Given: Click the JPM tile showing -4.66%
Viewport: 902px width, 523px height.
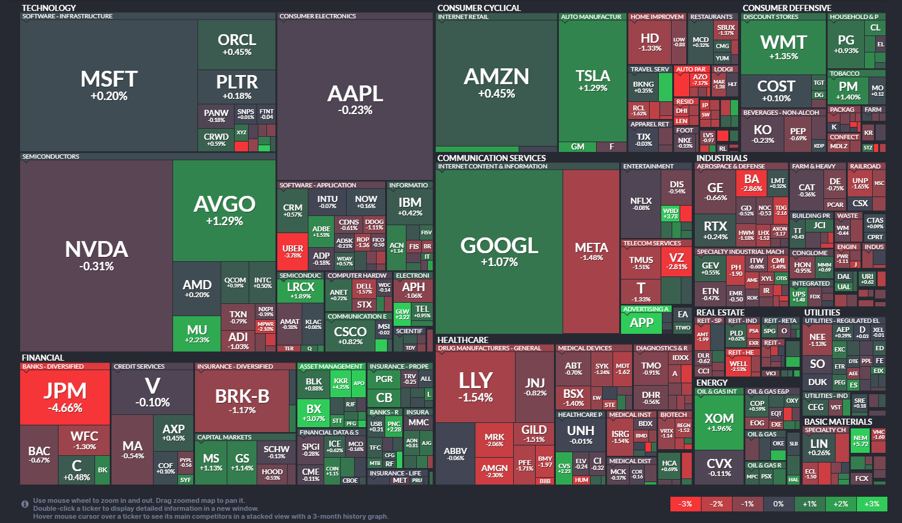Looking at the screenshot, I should coord(65,397).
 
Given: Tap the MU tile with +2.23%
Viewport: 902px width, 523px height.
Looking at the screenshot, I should coord(197,334).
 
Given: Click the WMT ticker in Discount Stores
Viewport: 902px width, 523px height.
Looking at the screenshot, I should coord(783,47).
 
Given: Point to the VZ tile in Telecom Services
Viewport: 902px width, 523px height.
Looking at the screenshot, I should coord(676,261).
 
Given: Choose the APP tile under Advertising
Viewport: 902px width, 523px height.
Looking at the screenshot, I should coord(641,323).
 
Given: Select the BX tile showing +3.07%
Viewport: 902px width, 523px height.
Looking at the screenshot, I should coord(314,413).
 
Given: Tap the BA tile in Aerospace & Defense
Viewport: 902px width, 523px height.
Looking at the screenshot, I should coord(751,182).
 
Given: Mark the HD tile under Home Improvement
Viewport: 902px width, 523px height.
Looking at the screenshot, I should coord(650,41).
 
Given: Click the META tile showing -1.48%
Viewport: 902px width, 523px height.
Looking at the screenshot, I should coord(591,251).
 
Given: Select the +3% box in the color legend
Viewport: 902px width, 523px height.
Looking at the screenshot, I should coord(872,504).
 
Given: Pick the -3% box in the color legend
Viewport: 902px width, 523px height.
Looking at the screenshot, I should coord(685,504).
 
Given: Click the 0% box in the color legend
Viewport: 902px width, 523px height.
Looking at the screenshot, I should coord(778,504).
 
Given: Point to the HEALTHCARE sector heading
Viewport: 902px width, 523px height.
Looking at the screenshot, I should coord(463,340).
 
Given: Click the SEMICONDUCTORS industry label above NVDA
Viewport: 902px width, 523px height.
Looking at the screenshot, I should coord(51,157).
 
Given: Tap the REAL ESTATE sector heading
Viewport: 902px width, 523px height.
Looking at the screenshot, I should coord(720,312).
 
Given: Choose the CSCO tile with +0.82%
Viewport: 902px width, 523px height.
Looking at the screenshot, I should coord(350,335).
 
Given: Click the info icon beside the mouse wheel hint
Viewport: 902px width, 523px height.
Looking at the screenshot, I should coord(25,504).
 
